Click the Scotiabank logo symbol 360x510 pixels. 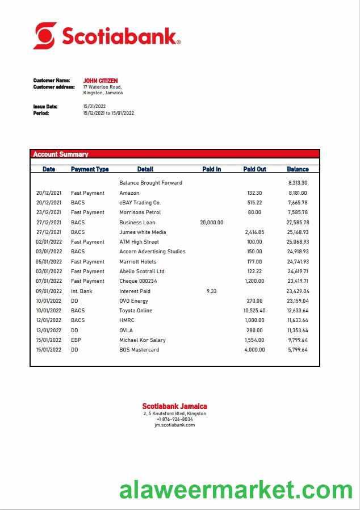coord(45,35)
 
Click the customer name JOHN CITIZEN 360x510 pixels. coord(101,81)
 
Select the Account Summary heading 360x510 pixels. coord(61,154)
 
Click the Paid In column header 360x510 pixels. coord(211,169)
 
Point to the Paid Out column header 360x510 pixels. coord(254,169)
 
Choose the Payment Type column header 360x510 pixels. coord(90,169)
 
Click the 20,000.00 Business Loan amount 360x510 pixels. coord(211,223)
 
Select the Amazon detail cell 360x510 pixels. coord(129,193)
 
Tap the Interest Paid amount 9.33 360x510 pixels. coord(211,291)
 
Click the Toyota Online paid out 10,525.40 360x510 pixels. coord(254,311)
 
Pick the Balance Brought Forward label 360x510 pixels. coord(150,183)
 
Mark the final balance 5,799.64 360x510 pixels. coord(298,350)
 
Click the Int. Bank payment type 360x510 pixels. coord(82,291)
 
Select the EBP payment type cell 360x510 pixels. coord(76,340)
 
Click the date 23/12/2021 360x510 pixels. coord(49,212)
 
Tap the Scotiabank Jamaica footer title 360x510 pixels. coord(174,406)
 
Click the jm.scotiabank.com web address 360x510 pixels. coord(174,425)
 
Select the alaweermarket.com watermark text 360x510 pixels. coord(236,490)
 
